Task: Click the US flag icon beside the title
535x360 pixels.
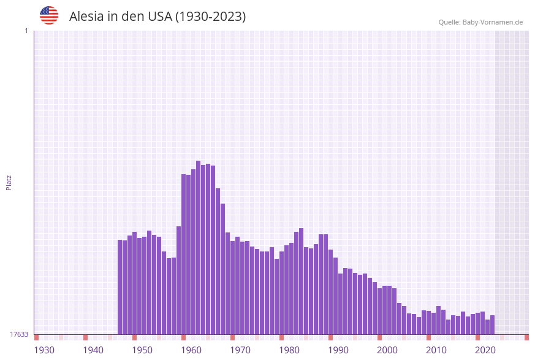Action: (49, 15)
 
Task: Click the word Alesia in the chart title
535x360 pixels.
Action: (86, 17)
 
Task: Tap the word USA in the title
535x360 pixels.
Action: (159, 17)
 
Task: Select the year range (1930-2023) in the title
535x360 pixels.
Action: (210, 17)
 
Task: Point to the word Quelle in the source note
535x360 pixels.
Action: (450, 22)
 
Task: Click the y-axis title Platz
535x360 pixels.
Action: (9, 182)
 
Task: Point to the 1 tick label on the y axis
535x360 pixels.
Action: (26, 31)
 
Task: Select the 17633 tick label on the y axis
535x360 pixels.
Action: (19, 334)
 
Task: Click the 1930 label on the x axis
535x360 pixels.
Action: (44, 350)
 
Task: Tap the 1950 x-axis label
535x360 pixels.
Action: (142, 350)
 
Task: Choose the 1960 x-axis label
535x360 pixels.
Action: (191, 350)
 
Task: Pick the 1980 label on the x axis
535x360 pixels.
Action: (289, 350)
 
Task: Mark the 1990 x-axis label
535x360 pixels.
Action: (338, 350)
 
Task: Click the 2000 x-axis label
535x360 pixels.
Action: (387, 350)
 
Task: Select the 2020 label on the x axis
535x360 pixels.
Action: (485, 350)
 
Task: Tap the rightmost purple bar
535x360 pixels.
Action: (492, 324)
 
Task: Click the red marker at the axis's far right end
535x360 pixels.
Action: (526, 337)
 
